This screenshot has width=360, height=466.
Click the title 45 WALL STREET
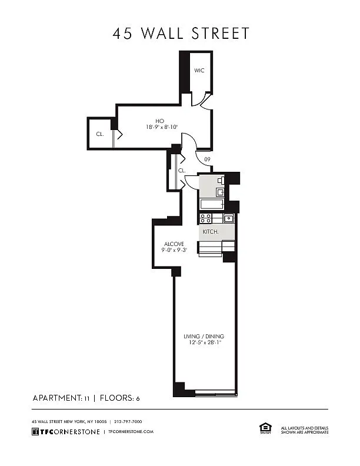tap(181, 34)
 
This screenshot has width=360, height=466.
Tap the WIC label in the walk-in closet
tap(199, 71)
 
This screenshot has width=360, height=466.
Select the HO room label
tap(160, 121)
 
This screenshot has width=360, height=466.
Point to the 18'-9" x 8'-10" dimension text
tap(162, 127)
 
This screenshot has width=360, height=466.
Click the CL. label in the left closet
tap(100, 134)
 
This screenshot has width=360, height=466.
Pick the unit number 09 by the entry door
tap(207, 159)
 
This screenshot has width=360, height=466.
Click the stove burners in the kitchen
tap(205, 218)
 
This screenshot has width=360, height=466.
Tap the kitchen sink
tap(228, 218)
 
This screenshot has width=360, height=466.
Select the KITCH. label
tap(211, 231)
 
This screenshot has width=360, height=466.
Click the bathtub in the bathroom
tap(212, 204)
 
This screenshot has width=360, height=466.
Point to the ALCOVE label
tap(174, 244)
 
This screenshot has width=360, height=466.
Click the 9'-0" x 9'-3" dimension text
tap(174, 250)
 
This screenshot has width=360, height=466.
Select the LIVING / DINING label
tap(204, 337)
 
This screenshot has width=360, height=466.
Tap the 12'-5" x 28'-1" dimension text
tap(205, 342)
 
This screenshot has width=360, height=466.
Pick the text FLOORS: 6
tap(119, 398)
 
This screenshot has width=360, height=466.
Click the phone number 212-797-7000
tap(128, 421)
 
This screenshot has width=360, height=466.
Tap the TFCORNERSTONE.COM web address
tap(131, 431)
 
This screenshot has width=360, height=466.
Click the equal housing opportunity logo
tap(265, 428)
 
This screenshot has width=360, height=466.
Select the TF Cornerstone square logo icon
tap(35, 431)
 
